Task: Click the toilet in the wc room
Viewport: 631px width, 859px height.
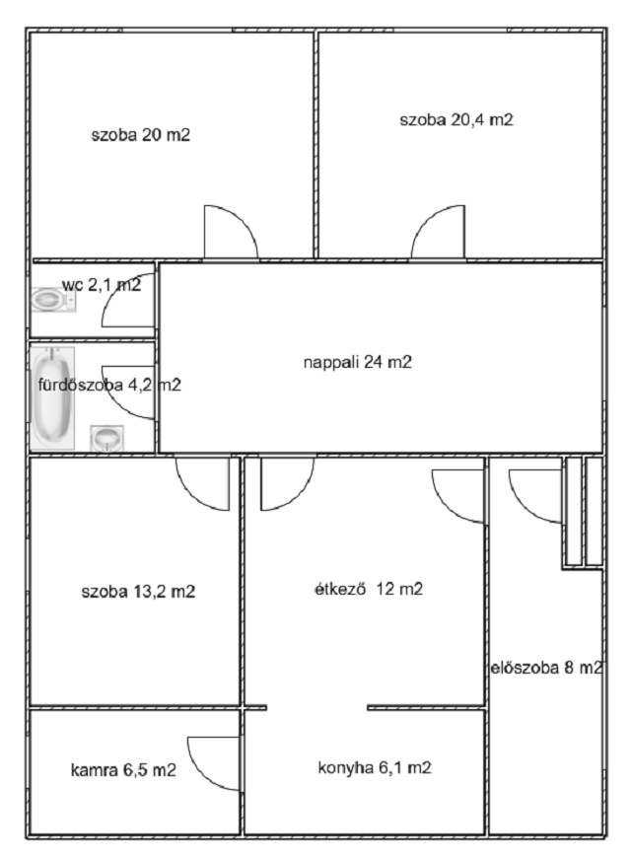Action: click(x=53, y=300)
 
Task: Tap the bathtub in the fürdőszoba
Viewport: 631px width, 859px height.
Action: click(x=52, y=398)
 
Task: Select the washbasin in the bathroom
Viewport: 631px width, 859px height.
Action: click(x=106, y=438)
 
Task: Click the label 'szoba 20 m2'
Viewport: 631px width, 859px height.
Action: click(x=141, y=135)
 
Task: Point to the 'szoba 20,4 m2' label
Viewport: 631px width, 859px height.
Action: click(x=456, y=119)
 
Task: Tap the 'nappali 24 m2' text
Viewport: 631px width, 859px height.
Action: click(x=358, y=362)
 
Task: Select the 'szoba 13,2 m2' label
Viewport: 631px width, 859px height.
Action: click(x=138, y=592)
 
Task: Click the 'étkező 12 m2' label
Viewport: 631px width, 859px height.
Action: click(x=369, y=589)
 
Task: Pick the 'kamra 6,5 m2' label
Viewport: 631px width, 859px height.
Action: click(x=123, y=770)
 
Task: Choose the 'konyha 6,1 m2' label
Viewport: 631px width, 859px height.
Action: click(x=375, y=767)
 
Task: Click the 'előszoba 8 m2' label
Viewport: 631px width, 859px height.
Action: click(x=546, y=668)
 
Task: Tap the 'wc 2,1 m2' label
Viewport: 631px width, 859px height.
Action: click(x=102, y=285)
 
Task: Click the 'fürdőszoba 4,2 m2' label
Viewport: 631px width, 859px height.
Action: click(x=109, y=386)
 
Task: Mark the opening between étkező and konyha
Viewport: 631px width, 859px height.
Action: click(x=316, y=708)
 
